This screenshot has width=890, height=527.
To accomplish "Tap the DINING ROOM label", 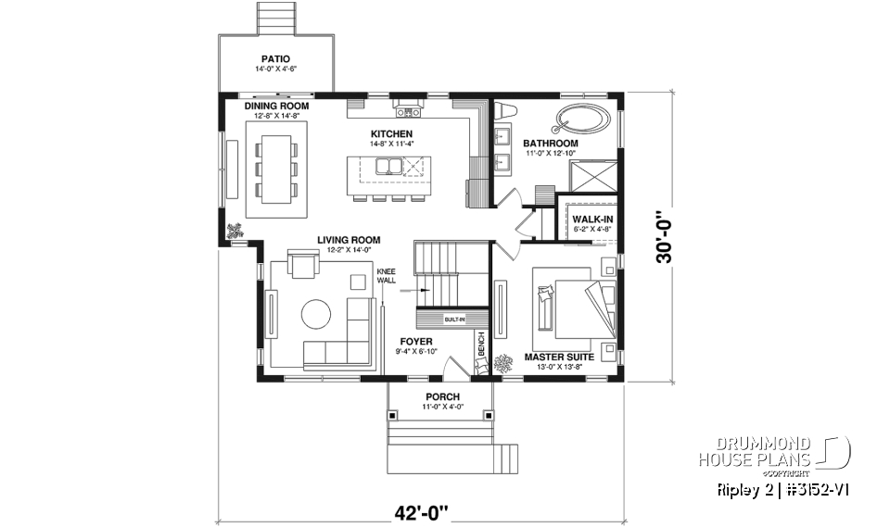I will click(276, 107).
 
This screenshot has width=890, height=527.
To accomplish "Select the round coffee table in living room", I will click(314, 315).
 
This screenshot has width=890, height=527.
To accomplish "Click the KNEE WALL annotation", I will click(386, 275).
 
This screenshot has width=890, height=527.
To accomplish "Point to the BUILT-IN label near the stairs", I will click(454, 320).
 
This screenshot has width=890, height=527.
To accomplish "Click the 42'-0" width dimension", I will click(418, 511).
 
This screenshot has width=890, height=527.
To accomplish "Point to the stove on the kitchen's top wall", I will click(408, 111).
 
